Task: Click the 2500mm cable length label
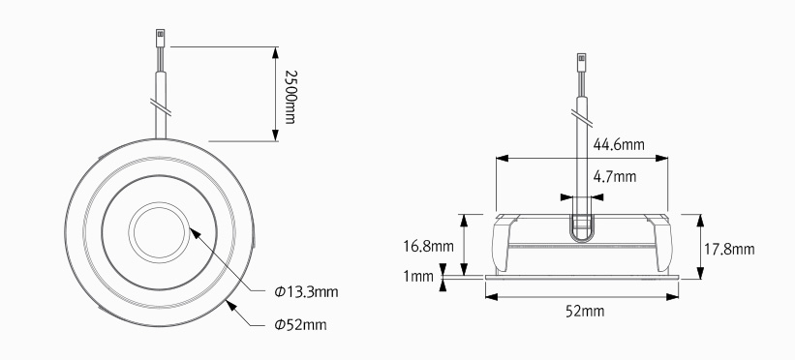290,97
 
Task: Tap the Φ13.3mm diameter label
306,292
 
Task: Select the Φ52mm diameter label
300,324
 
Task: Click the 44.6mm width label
619,145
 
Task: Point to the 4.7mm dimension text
615,177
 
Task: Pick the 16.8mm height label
428,247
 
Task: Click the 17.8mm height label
729,250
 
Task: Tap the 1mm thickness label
418,277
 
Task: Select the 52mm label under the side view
585,311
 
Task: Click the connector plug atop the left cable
160,37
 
